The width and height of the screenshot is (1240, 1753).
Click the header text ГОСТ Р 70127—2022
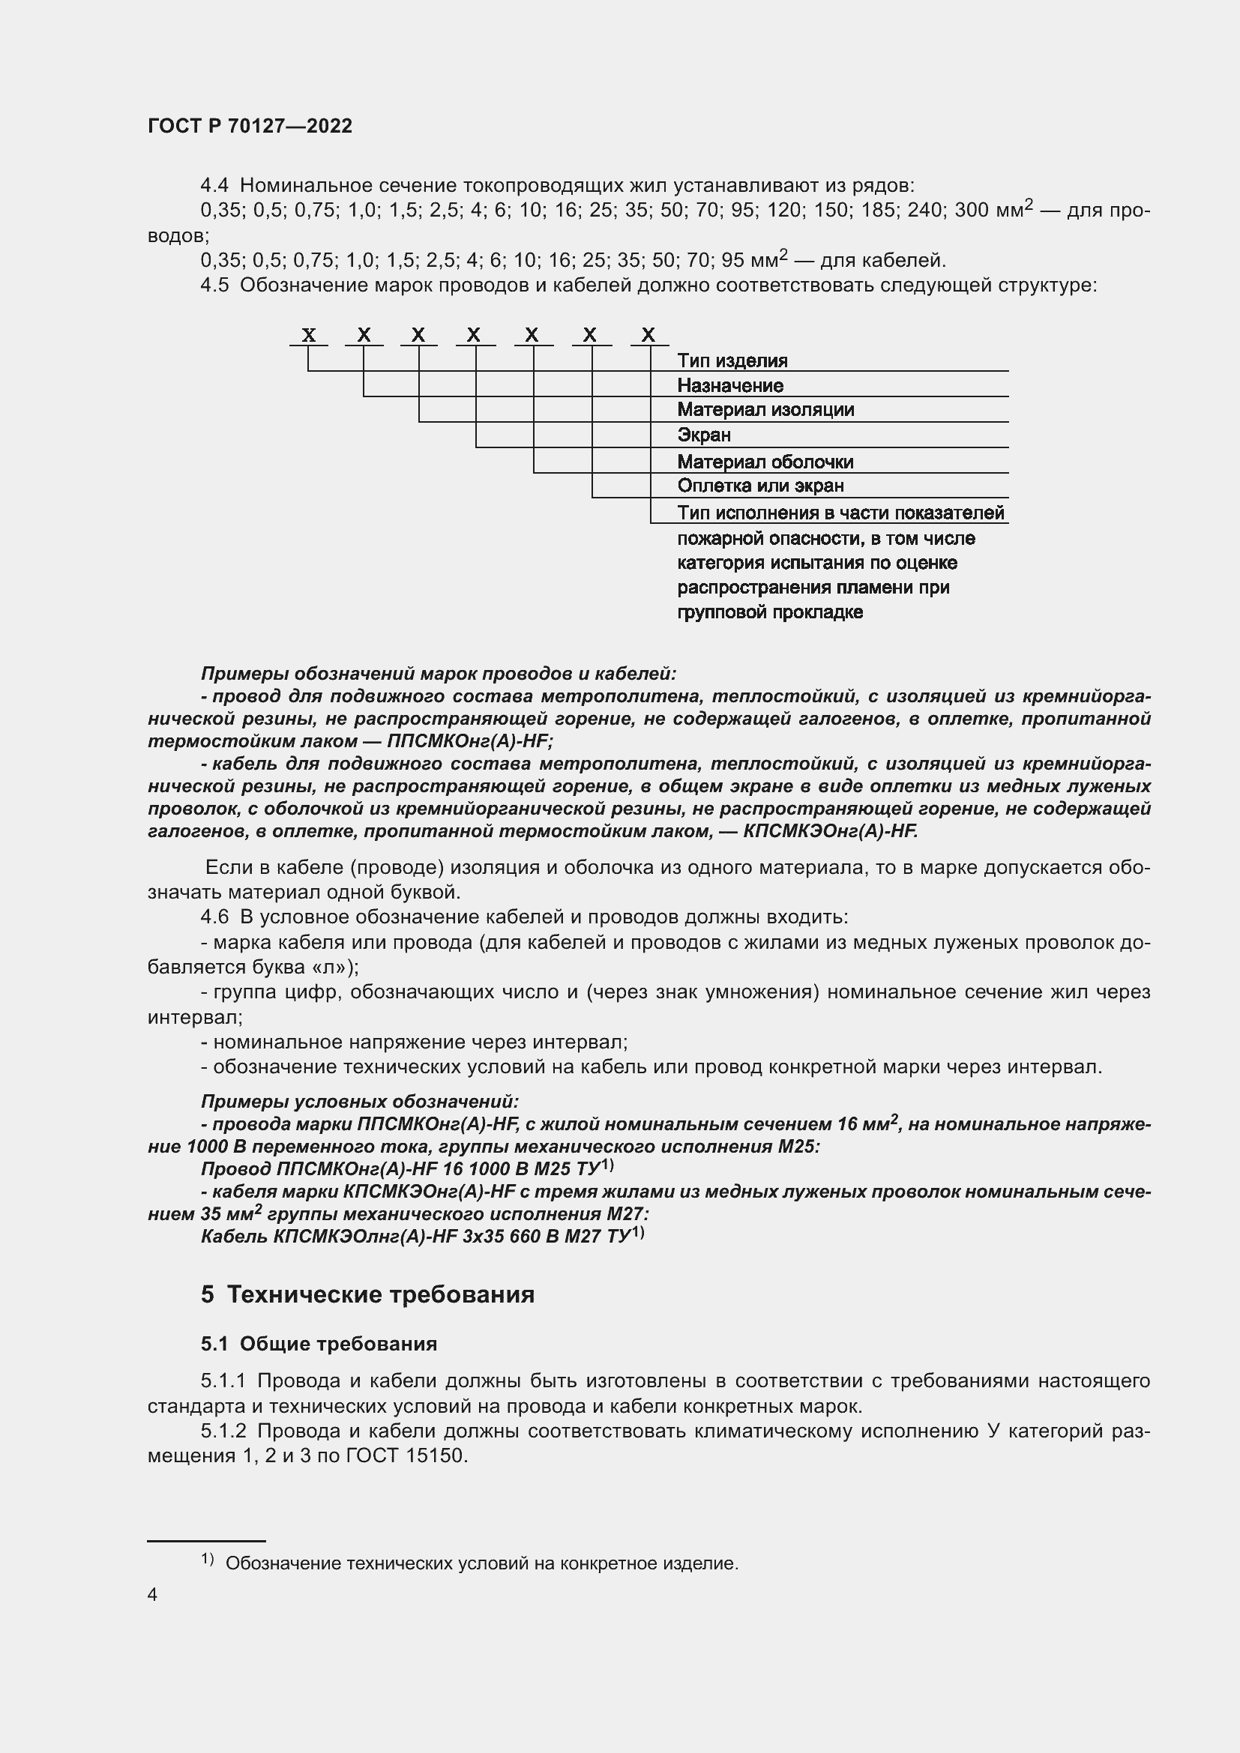coord(250,126)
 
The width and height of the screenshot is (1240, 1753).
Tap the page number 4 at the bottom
coord(153,1595)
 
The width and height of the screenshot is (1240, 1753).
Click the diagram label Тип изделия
coord(732,360)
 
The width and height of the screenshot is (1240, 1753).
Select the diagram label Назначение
coord(729,385)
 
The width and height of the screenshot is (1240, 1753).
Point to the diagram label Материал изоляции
coord(765,410)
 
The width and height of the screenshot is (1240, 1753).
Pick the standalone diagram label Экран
coord(703,435)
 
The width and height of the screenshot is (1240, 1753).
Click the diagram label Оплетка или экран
coord(759,486)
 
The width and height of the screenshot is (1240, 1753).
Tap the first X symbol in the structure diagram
coord(308,334)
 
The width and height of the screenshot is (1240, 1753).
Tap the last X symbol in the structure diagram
coord(648,334)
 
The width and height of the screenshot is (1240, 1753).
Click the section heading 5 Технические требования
coord(367,1295)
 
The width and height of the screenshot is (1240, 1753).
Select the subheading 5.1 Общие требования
coord(319,1344)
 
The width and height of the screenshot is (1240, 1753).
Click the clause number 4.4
coord(214,186)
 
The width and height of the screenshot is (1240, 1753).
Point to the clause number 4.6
coord(214,917)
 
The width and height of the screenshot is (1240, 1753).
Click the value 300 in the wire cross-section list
coord(971,210)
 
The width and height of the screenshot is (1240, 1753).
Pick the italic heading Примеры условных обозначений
coord(359,1102)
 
